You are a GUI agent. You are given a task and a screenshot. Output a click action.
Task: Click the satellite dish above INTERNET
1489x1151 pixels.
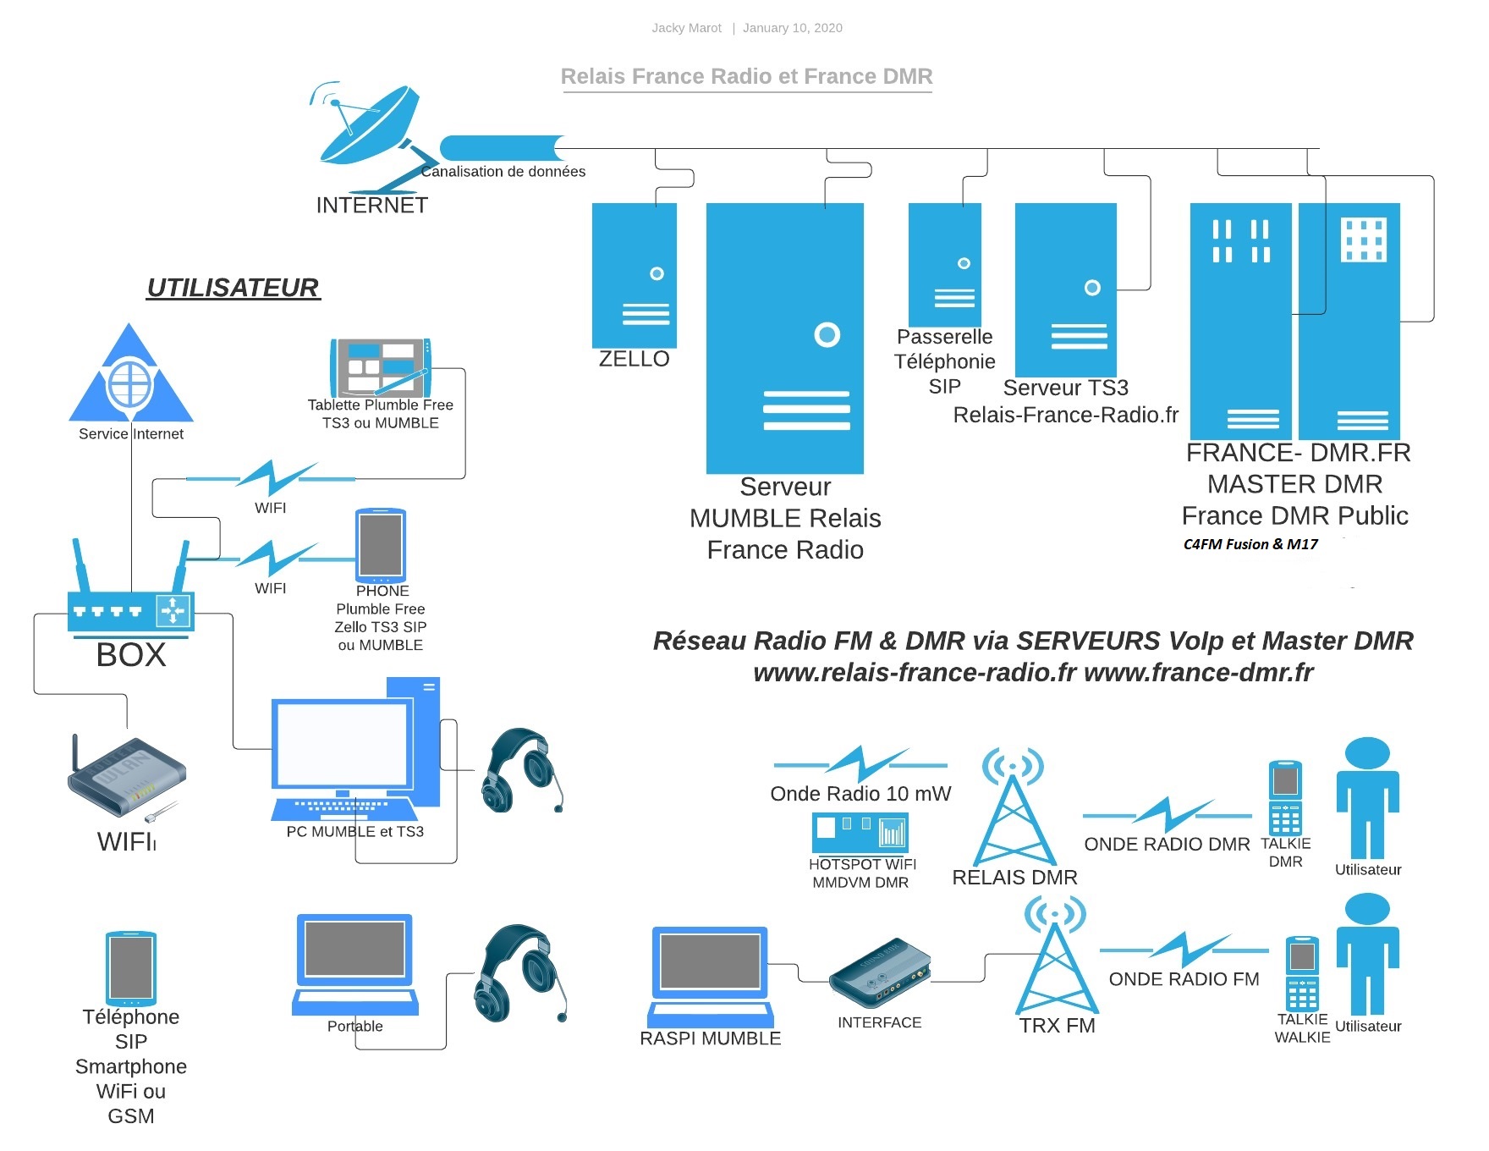coord(372,135)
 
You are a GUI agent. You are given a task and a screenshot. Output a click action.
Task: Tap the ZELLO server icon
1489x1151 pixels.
coord(635,275)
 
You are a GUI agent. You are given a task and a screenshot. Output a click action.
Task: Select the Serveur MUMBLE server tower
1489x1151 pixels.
coord(785,339)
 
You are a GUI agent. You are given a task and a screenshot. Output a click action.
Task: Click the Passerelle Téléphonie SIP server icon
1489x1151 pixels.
coord(945,265)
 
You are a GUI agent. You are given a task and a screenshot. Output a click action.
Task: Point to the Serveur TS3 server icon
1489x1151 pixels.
coord(1066,290)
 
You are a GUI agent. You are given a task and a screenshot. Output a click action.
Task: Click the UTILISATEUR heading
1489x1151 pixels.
coord(233,288)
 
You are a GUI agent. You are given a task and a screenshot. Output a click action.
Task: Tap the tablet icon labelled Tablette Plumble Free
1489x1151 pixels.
coord(381,367)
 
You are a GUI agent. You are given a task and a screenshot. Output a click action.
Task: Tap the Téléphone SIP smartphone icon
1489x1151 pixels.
coord(131,968)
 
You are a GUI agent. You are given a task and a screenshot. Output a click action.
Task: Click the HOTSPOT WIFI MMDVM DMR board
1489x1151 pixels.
coord(860,833)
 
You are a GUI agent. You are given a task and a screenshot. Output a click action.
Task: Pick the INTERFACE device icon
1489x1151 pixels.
coord(880,973)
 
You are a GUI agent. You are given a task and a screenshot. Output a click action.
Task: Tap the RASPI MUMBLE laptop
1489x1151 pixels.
coord(711,977)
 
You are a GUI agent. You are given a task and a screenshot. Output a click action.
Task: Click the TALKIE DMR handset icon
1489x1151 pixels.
coord(1285,798)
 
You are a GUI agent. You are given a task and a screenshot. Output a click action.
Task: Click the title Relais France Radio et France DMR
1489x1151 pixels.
coord(747,76)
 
